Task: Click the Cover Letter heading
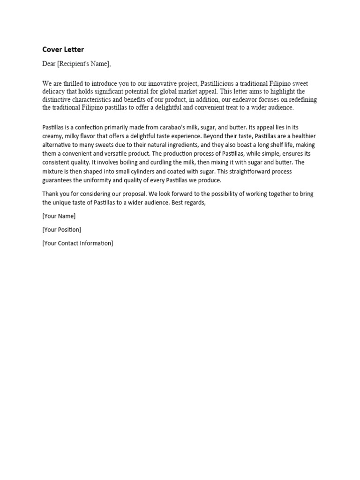63,49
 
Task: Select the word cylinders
145,172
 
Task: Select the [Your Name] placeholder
59,216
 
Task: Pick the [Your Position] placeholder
62,230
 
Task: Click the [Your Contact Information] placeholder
78,243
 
